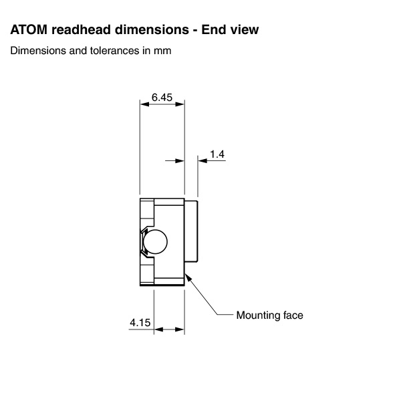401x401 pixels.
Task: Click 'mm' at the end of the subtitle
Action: [163, 51]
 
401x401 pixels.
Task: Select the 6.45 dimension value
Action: [162, 97]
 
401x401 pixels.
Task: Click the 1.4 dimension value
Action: [217, 154]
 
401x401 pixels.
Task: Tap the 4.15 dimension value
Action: [140, 323]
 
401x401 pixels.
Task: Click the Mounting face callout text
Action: [269, 315]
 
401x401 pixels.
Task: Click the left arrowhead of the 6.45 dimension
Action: [143, 104]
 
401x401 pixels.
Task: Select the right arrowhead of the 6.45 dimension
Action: [180, 104]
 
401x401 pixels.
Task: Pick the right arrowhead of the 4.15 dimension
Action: [180, 329]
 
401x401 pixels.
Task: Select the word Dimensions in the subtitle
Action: [35, 51]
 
